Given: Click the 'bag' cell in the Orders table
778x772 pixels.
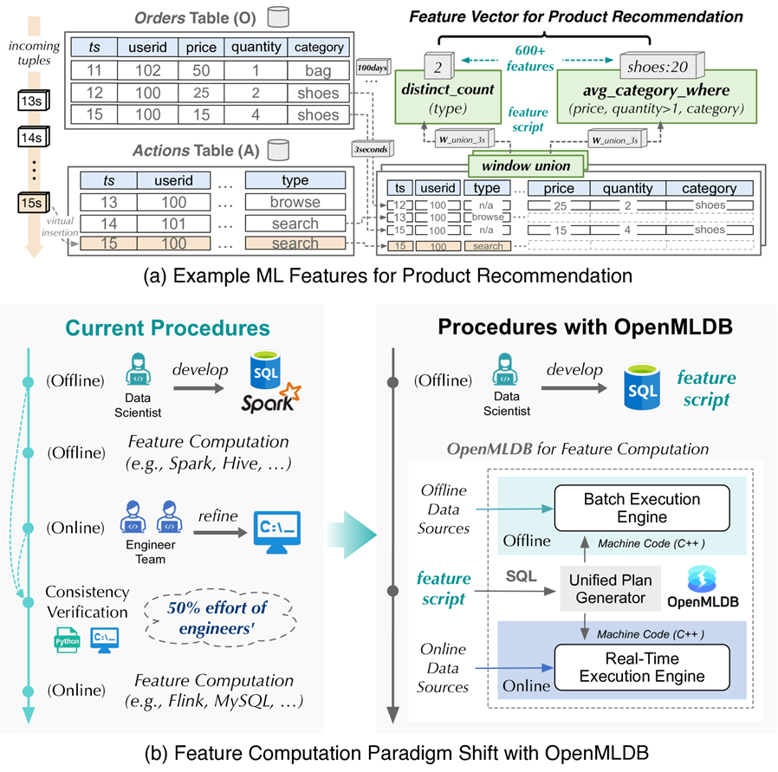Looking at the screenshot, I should point(318,70).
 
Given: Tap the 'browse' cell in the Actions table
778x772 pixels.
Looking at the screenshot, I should point(295,203).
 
